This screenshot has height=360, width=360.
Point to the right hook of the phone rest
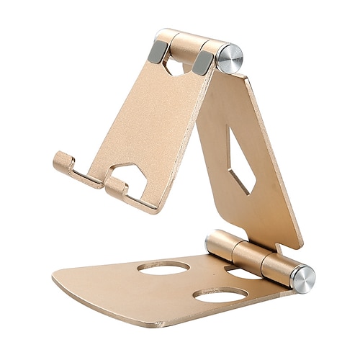[x=115, y=188]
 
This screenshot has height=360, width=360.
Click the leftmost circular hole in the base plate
[x=163, y=268]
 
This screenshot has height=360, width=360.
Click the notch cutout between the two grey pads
[x=176, y=66]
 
